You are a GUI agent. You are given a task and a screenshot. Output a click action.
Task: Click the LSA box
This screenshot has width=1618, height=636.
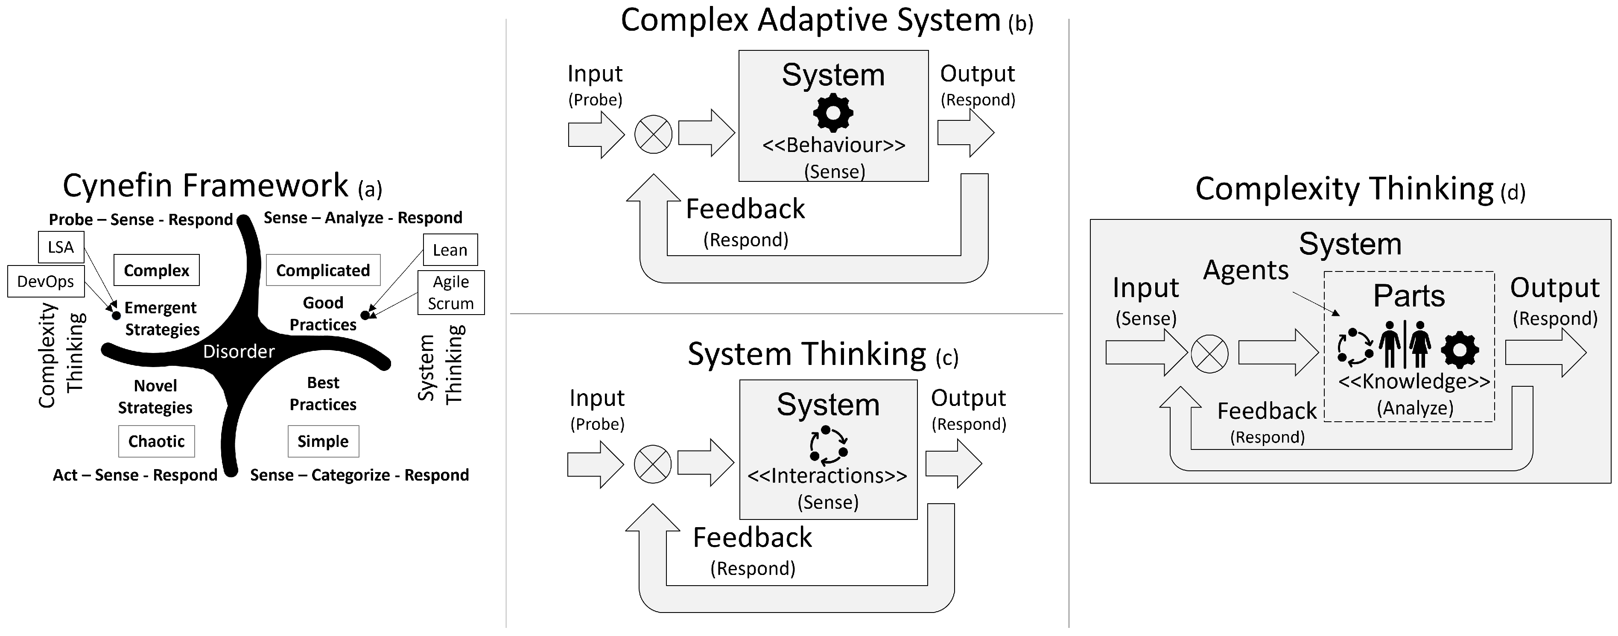(x=61, y=248)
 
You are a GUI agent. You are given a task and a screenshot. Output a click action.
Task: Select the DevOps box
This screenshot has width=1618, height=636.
(x=46, y=281)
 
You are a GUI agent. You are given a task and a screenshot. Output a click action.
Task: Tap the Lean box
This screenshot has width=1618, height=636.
(x=450, y=250)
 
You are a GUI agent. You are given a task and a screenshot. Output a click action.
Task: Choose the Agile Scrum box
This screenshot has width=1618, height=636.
(x=450, y=292)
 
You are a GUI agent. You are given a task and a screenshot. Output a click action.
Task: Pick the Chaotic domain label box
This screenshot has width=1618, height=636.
(x=156, y=441)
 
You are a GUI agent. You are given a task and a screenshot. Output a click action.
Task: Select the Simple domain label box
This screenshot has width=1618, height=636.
(x=323, y=441)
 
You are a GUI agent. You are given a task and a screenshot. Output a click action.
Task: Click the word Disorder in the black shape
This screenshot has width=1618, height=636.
(x=239, y=352)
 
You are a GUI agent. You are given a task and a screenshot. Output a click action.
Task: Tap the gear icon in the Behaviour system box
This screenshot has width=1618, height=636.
(x=833, y=113)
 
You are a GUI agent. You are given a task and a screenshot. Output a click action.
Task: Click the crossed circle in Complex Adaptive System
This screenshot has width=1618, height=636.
(x=653, y=134)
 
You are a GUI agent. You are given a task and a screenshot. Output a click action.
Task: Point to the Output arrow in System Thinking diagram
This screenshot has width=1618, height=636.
(x=953, y=464)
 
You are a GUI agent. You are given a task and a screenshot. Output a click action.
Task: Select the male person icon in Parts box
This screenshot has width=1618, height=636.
(x=1390, y=344)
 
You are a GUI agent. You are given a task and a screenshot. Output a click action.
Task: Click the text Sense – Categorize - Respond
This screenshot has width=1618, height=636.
(x=359, y=475)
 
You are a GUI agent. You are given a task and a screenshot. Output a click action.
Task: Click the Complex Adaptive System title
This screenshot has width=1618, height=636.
(x=810, y=20)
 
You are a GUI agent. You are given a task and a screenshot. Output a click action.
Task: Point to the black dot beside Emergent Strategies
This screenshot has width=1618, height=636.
(x=116, y=315)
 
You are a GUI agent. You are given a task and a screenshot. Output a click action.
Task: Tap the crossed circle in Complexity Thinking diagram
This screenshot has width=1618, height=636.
(x=1210, y=354)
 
